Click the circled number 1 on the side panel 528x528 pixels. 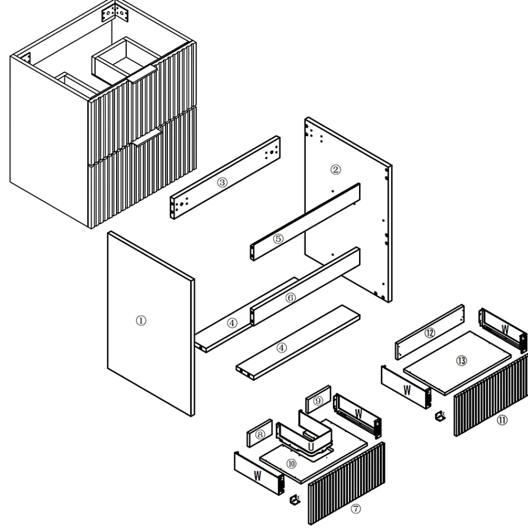coord(141,320)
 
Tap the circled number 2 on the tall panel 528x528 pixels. coord(335,169)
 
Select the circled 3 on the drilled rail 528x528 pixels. coord(222,182)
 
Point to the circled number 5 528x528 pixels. coord(278,239)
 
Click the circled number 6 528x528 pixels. coord(290,298)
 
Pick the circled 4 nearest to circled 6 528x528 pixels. coord(232,323)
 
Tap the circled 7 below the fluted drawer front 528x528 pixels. coord(356,508)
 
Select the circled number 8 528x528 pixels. coord(260,435)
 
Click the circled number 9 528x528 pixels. coord(318,401)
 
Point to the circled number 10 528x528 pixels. coord(291,464)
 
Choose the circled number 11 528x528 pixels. coord(502,420)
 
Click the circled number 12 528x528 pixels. coord(430,333)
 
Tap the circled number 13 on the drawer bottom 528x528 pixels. coord(461,361)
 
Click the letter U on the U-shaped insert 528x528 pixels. coord(311,447)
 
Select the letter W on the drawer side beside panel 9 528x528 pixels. coord(359,414)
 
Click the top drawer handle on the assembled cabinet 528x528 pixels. coord(142,74)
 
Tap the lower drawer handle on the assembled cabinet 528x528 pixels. coord(147,137)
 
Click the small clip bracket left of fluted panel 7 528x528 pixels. coord(295,499)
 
